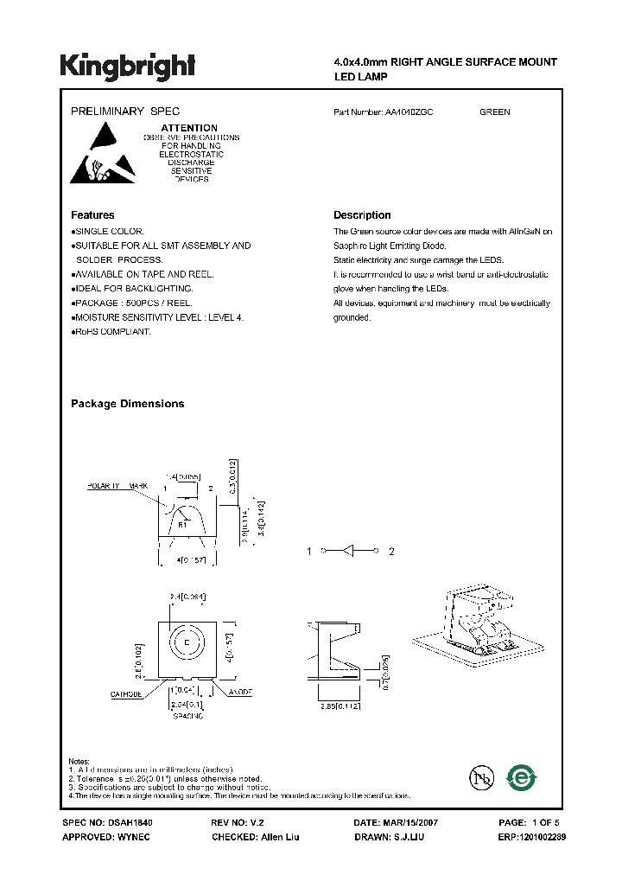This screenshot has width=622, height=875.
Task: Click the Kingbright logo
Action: click(x=127, y=66)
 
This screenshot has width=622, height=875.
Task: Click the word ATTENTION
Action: click(x=189, y=128)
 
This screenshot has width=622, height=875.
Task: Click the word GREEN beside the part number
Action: click(x=495, y=112)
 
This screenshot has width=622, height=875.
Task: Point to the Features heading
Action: click(x=92, y=215)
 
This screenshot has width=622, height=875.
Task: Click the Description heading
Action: click(x=362, y=215)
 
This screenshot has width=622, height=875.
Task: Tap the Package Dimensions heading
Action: click(x=127, y=404)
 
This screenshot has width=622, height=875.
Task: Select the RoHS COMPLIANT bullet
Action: click(x=113, y=332)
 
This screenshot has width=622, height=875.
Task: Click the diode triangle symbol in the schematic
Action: click(x=350, y=551)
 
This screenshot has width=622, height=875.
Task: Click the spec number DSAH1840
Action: click(x=130, y=823)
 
